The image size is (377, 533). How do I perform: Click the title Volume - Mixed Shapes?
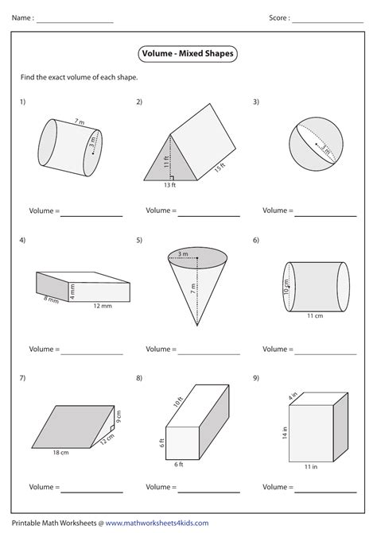[188, 54]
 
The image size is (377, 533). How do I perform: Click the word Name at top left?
[21, 17]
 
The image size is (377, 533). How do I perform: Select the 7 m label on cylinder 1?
[79, 121]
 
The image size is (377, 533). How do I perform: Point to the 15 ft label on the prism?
[220, 167]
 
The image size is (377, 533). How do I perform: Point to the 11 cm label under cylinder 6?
[316, 315]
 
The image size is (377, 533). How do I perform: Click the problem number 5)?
[139, 239]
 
